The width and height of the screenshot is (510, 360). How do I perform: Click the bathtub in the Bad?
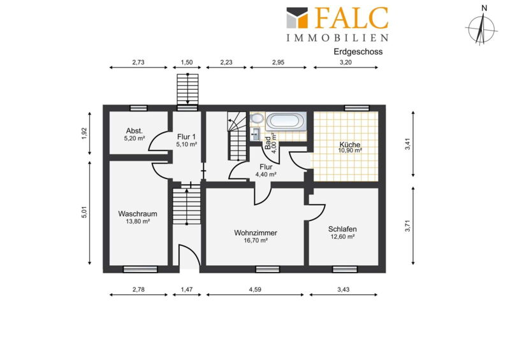pyautogui.click(x=286, y=121)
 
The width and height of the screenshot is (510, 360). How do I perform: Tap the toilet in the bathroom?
pyautogui.click(x=257, y=119)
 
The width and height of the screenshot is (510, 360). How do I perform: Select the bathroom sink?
pyautogui.click(x=256, y=134)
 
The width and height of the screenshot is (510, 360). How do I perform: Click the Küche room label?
pyautogui.click(x=349, y=145)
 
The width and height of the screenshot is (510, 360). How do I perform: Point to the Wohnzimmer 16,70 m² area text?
pyautogui.click(x=256, y=241)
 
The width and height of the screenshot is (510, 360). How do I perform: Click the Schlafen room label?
pyautogui.click(x=342, y=229)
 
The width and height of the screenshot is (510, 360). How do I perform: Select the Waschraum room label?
pyautogui.click(x=138, y=213)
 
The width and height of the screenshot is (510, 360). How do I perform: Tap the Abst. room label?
pyautogui.click(x=135, y=131)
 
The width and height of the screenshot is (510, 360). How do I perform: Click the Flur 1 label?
pyautogui.click(x=186, y=136)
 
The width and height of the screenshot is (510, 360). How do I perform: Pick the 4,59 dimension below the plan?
pyautogui.click(x=255, y=289)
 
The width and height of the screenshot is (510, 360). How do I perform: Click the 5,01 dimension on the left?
pyautogui.click(x=84, y=212)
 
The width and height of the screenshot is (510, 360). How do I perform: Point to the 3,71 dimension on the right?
pyautogui.click(x=407, y=226)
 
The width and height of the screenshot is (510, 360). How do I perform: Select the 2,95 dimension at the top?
pyautogui.click(x=278, y=62)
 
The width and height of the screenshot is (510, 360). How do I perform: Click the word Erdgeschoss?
pyautogui.click(x=358, y=52)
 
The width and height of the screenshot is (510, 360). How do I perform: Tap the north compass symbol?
pyautogui.click(x=481, y=27)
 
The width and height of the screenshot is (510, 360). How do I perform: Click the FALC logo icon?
pyautogui.click(x=297, y=18)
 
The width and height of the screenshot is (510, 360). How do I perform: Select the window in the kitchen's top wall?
pyautogui.click(x=357, y=108)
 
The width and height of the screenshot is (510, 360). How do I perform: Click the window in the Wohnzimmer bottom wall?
pyautogui.click(x=267, y=270)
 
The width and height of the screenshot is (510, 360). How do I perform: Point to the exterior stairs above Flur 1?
pyautogui.click(x=187, y=89)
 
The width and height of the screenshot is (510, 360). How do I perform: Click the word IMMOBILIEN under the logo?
pyautogui.click(x=337, y=38)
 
